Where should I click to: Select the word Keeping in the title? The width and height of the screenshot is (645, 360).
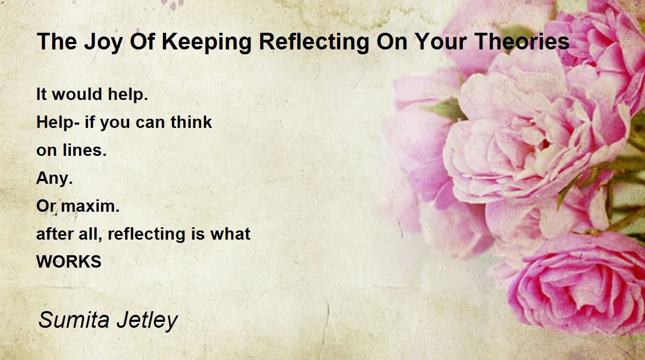click(206, 42)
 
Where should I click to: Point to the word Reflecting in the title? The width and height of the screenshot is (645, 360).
click(314, 42)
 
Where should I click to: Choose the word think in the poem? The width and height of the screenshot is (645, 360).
click(191, 122)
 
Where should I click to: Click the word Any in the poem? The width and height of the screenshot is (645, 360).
click(54, 178)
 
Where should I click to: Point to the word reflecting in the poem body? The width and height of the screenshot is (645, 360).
click(146, 234)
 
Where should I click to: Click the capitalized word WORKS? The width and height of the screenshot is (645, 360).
click(69, 262)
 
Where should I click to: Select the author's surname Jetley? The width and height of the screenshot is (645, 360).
click(147, 320)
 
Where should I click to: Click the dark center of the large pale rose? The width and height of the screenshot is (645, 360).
click(543, 143)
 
